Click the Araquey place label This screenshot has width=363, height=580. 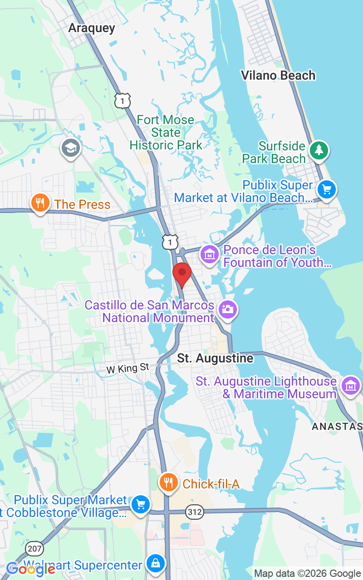click(x=92, y=28)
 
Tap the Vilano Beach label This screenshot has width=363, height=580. click(x=278, y=75)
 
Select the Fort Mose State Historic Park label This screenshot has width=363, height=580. click(x=166, y=132)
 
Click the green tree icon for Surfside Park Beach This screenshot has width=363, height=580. click(x=319, y=150)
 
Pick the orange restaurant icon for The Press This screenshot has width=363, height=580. click(x=40, y=203)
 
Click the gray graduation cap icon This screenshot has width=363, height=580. click(x=71, y=147)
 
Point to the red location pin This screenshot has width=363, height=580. click(x=182, y=274)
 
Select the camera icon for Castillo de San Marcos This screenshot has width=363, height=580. click(x=227, y=310)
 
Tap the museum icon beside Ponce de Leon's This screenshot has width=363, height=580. click(x=210, y=255)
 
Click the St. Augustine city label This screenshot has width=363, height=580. click(x=215, y=358)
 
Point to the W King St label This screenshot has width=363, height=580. click(x=128, y=368)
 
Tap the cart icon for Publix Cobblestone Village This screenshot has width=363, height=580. click(x=140, y=504)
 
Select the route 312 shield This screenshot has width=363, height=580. click(x=194, y=512)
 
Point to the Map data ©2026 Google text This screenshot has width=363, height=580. click(x=307, y=573)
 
